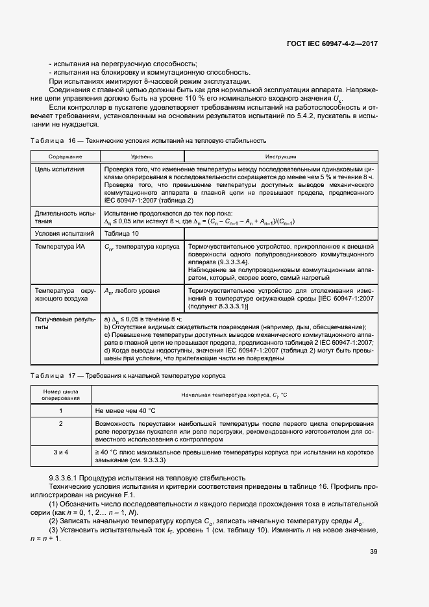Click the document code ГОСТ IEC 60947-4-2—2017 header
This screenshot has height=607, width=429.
[332, 43]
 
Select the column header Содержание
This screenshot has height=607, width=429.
[64, 156]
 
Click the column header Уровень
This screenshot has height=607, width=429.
[141, 156]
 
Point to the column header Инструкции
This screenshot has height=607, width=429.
[280, 156]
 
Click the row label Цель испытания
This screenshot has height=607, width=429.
[60, 169]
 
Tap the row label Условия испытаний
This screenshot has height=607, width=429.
[60, 233]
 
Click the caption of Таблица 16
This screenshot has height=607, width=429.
[148, 140]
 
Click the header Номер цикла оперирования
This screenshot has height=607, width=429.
[60, 395]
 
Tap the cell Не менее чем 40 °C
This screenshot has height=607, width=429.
[126, 411]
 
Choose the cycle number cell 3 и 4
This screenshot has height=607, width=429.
[60, 451]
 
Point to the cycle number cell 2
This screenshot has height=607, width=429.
[60, 423]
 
